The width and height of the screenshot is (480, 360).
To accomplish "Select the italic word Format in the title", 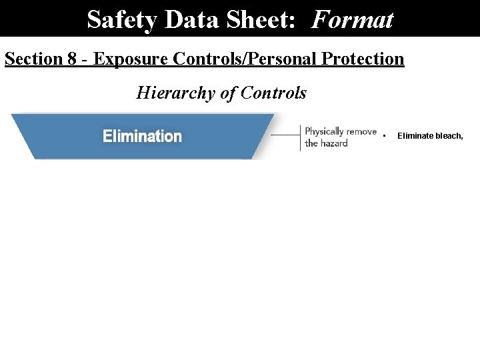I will (x=352, y=19).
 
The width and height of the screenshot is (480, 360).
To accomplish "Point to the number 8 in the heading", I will (x=72, y=59).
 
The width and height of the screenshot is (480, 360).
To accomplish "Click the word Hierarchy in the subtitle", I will (x=174, y=93).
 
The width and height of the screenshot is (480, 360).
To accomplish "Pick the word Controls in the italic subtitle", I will (x=273, y=93).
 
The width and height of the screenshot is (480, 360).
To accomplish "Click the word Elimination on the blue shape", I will (x=142, y=137).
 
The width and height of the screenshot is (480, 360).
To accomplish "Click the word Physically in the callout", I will (x=324, y=131).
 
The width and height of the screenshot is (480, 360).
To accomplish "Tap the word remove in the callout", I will (x=361, y=131).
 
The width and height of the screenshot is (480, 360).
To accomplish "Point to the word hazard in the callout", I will (x=334, y=143).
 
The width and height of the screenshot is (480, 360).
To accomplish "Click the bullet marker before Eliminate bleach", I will (x=385, y=137).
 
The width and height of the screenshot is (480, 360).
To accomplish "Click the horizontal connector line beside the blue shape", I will (x=285, y=135).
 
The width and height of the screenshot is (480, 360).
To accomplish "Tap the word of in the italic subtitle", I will (x=228, y=93).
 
